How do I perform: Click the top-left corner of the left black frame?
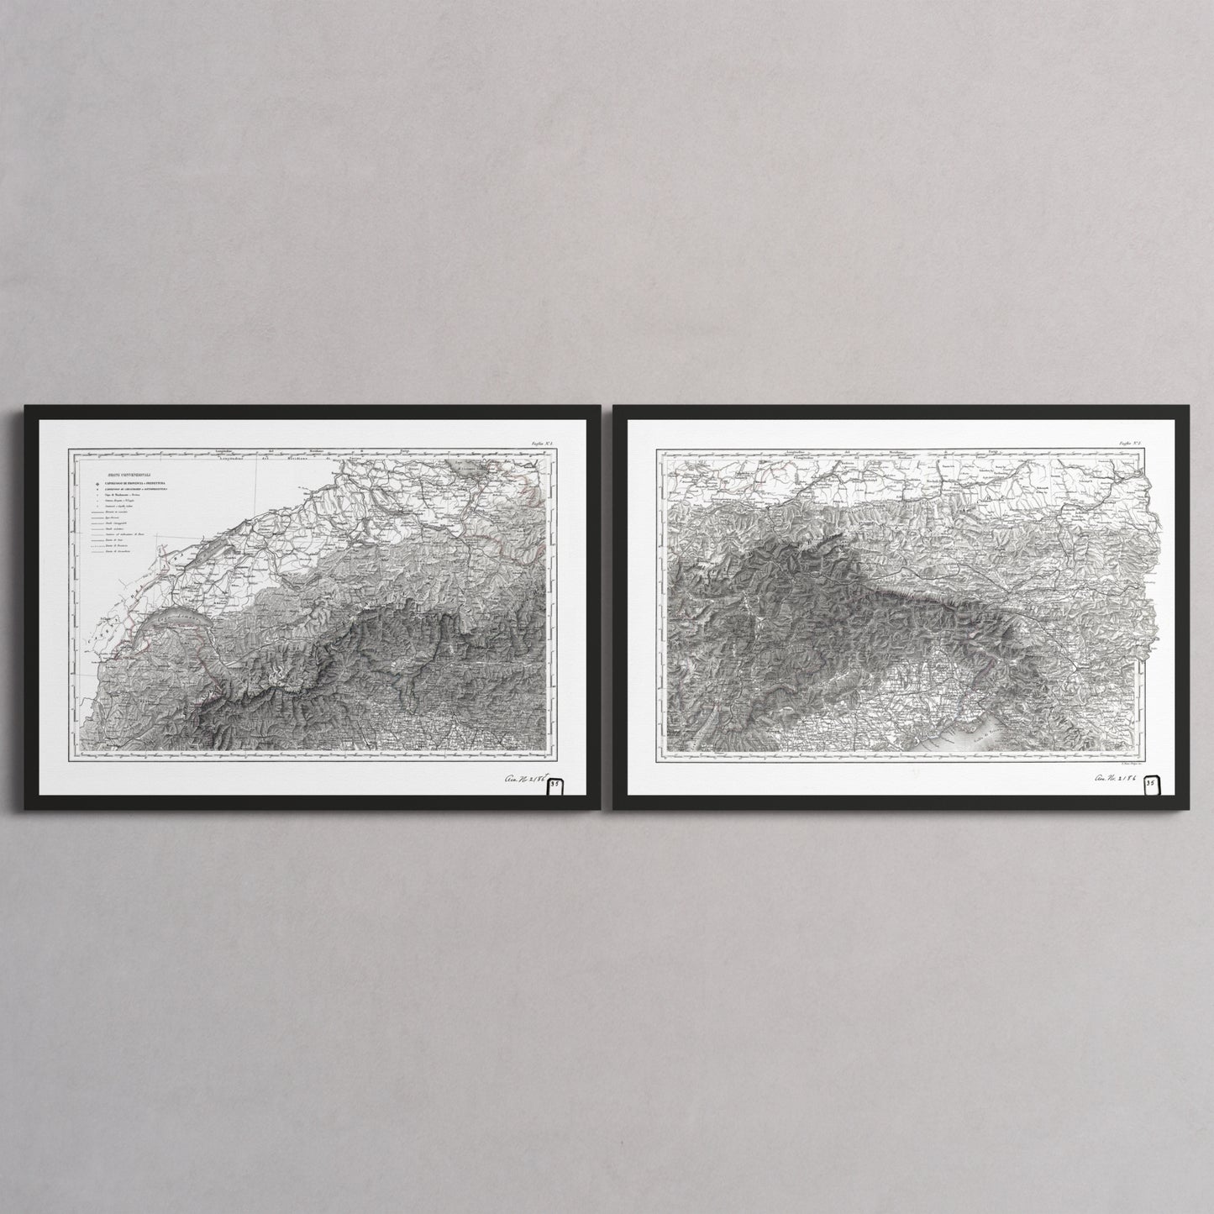point(25,407)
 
